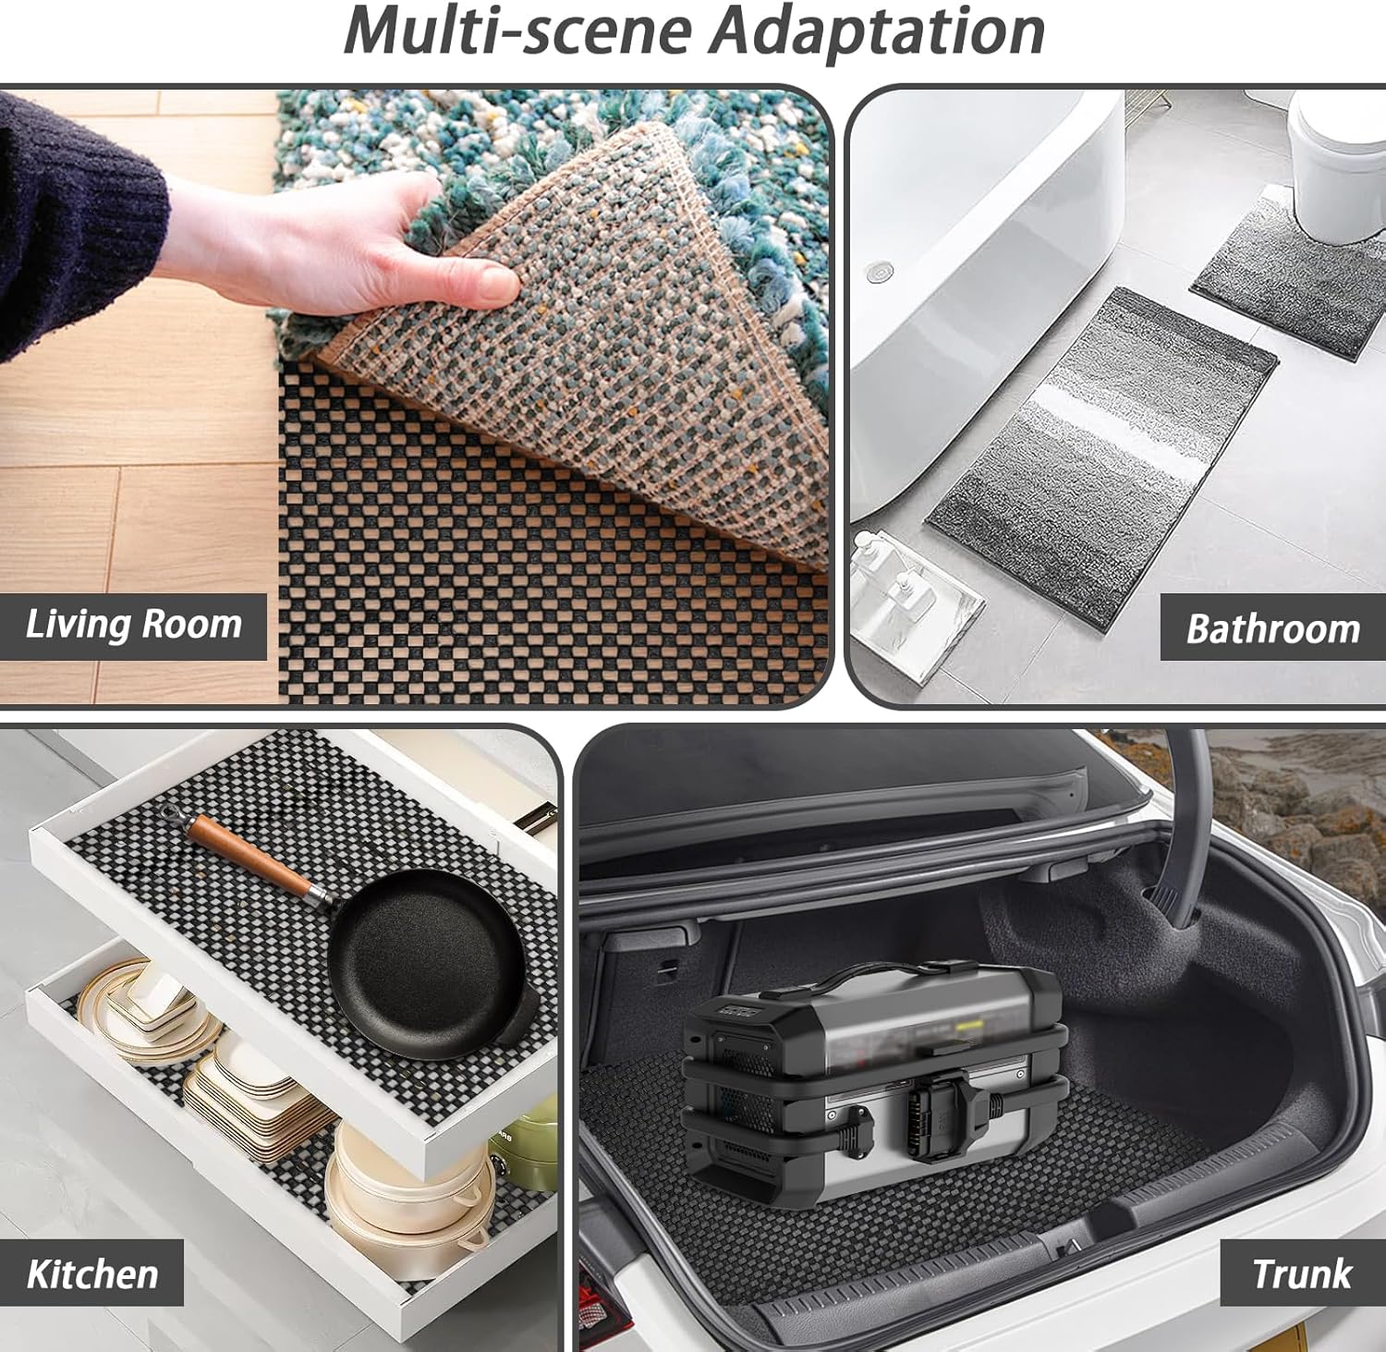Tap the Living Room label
[134, 625]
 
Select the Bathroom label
[1273, 628]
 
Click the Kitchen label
[92, 1273]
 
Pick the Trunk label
[1302, 1273]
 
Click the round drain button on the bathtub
[880, 272]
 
